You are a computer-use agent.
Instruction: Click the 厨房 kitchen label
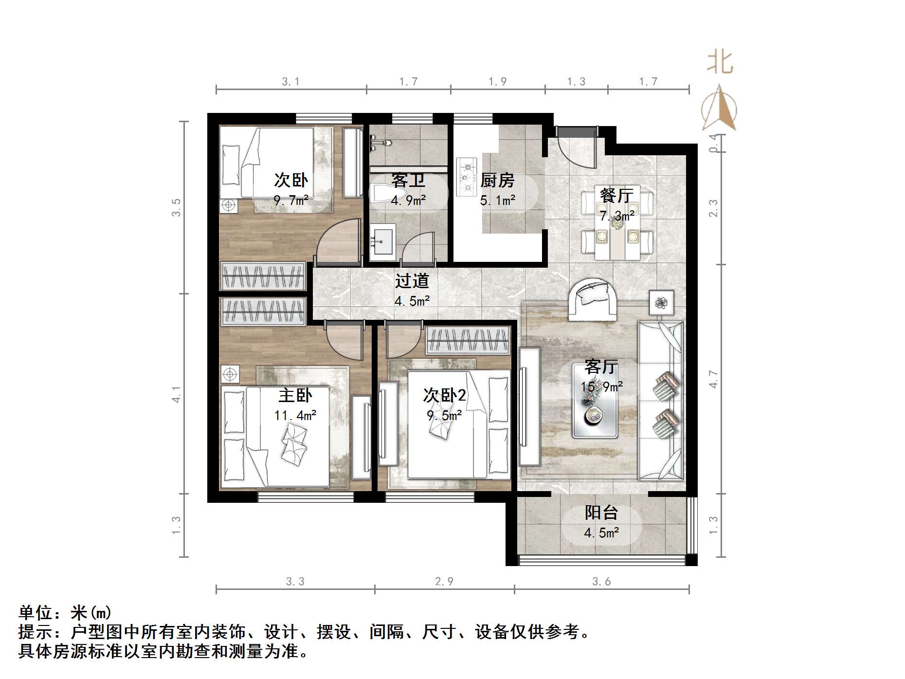(497, 181)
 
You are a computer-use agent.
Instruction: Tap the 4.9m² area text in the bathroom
(408, 200)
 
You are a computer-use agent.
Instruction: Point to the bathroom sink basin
(382, 240)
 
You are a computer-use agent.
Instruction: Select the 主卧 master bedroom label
(295, 395)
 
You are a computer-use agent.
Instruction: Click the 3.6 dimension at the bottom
(601, 581)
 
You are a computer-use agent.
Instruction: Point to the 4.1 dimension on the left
(177, 394)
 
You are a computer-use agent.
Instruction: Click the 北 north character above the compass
(720, 63)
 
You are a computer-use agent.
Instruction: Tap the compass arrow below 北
(720, 108)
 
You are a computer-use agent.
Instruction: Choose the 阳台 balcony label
(601, 513)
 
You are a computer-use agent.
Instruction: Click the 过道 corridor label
(412, 281)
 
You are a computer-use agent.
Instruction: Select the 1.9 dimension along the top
(497, 81)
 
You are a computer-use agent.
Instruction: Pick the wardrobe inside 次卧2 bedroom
(467, 340)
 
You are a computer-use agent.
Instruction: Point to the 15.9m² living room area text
(601, 386)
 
